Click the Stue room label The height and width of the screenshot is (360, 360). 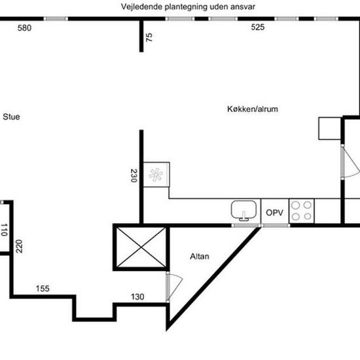click(x=11, y=117)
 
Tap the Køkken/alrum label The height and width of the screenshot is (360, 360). click(x=253, y=109)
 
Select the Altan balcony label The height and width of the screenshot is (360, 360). click(x=200, y=256)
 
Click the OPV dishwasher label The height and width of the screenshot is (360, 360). click(x=275, y=213)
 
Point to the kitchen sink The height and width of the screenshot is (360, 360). click(x=243, y=211)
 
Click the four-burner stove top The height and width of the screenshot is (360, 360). click(x=302, y=211)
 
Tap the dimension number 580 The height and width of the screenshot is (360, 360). click(x=24, y=28)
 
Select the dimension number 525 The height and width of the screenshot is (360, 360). click(x=258, y=27)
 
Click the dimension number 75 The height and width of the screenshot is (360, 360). click(x=149, y=37)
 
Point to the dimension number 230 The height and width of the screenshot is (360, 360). click(x=134, y=175)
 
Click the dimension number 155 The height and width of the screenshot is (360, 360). click(x=43, y=289)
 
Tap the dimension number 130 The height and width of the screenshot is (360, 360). click(x=137, y=297)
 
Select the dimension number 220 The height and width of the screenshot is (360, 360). click(x=19, y=246)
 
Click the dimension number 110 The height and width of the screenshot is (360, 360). click(x=4, y=230)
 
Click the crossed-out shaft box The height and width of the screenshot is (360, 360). click(x=141, y=247)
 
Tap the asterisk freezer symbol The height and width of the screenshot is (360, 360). click(x=156, y=175)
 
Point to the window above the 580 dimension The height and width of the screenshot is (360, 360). click(x=56, y=19)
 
